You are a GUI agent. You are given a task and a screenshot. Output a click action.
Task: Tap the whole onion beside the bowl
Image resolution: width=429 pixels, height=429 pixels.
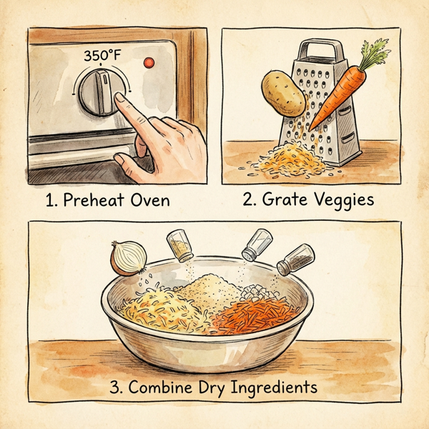[x=127, y=257]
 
